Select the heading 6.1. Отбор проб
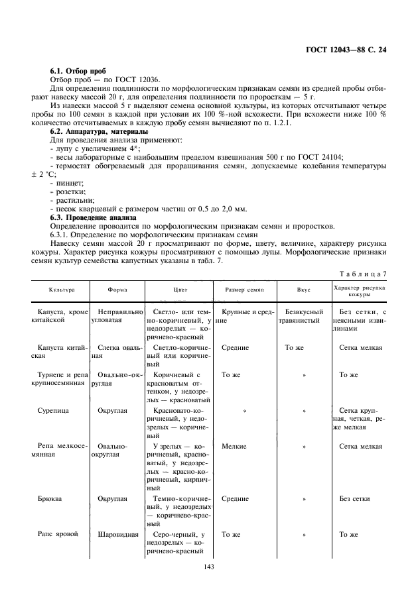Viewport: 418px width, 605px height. click(74, 71)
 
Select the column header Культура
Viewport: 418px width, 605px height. click(61, 290)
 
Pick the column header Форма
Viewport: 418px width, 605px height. click(117, 290)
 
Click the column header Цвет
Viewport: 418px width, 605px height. click(180, 290)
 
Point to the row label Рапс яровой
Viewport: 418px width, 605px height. click(55, 533)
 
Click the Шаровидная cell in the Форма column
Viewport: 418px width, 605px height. click(117, 533)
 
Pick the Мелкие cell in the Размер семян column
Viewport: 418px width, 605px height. click(234, 446)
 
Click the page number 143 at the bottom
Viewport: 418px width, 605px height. click(209, 567)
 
